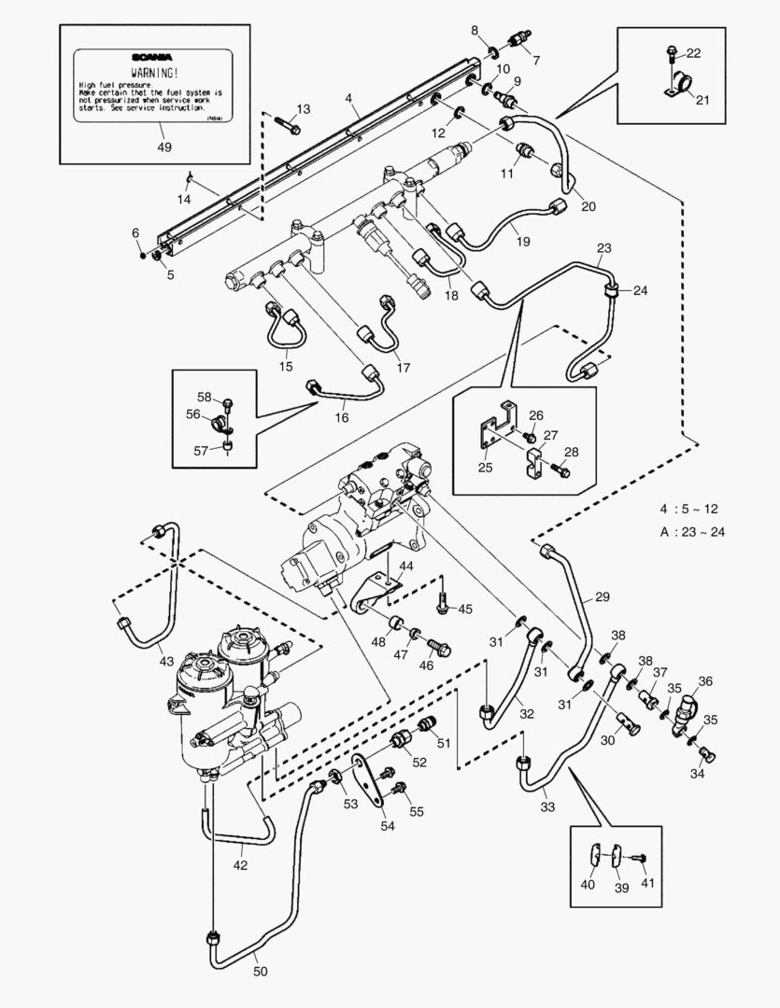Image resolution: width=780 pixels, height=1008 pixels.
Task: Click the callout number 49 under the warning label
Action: coord(165,147)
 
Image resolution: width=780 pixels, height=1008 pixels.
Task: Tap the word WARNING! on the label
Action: coord(155,72)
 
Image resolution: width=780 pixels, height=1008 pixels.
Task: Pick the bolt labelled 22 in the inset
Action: coord(672,52)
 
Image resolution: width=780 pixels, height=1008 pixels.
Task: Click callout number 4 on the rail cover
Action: coord(347,98)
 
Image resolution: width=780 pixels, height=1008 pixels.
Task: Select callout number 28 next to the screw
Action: coord(571,452)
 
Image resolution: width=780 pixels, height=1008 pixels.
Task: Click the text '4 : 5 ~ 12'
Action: coord(689,510)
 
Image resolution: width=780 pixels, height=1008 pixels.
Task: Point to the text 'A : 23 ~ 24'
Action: coord(692,532)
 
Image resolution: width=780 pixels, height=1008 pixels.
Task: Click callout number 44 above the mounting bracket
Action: coord(406,567)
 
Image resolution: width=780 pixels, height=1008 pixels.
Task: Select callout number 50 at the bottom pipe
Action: coord(260,972)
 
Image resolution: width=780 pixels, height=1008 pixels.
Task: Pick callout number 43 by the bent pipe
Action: coord(165,661)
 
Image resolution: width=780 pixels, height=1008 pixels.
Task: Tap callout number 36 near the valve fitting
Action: coord(705,681)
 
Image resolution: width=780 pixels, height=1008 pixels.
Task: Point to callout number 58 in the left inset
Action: coord(205,398)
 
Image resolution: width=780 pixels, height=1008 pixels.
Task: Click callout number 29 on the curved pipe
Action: coord(602,595)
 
